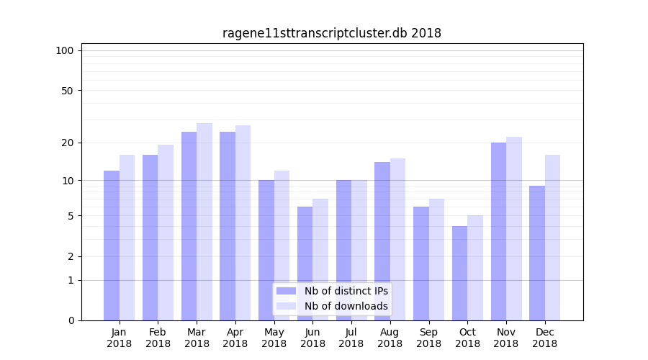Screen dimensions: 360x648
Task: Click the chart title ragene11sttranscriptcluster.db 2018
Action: point(331,33)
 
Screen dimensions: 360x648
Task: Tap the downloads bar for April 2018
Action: point(243,222)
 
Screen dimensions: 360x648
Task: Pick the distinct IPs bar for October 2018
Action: point(459,273)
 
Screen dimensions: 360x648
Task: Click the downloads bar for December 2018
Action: point(552,238)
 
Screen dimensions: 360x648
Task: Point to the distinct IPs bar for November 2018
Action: point(498,231)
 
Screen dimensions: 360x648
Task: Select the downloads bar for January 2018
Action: point(127,238)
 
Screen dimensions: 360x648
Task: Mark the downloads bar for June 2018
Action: point(320,259)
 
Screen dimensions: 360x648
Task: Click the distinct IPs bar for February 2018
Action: point(150,238)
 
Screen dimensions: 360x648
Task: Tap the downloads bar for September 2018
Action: point(436,259)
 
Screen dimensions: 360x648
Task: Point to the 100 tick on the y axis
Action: point(65,50)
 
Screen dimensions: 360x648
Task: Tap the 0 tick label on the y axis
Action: point(71,320)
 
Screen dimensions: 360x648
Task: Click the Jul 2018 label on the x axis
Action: point(351,338)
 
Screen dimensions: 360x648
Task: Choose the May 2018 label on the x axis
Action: point(274,338)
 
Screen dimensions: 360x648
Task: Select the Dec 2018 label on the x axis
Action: point(544,338)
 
